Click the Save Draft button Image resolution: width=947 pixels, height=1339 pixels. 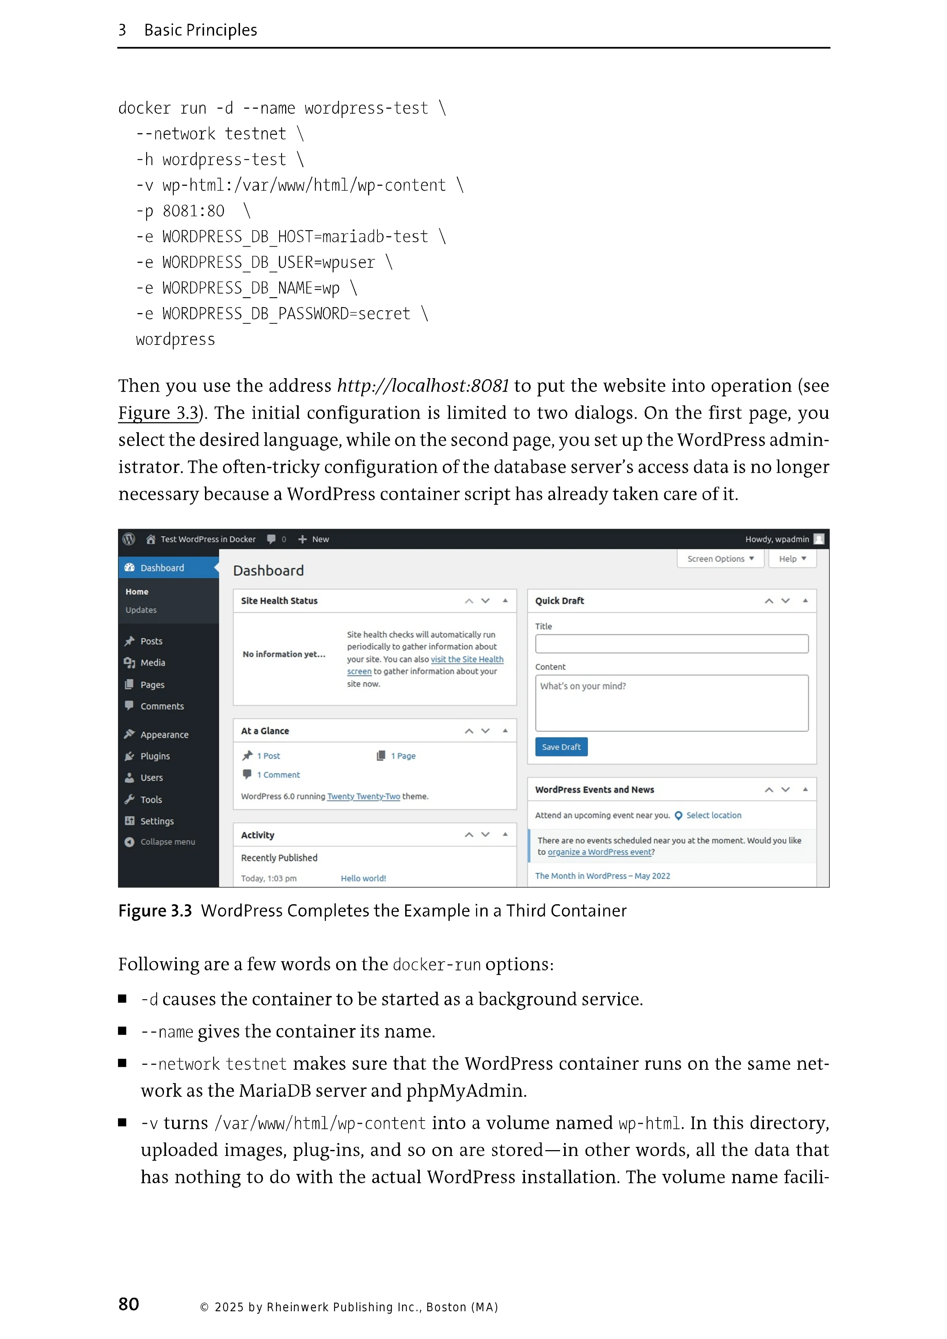pyautogui.click(x=561, y=747)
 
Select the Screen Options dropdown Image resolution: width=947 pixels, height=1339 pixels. pyautogui.click(x=720, y=559)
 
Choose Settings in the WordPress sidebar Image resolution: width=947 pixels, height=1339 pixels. pyautogui.click(x=156, y=821)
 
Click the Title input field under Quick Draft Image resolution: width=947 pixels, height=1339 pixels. pyautogui.click(x=671, y=644)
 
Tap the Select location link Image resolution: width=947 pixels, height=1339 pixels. pyautogui.click(x=713, y=815)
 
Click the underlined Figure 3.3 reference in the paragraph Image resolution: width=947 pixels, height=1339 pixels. pyautogui.click(x=159, y=413)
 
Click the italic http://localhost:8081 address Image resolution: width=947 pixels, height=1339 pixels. pyautogui.click(x=423, y=386)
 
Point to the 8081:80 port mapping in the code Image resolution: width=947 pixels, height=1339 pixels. pyautogui.click(x=193, y=211)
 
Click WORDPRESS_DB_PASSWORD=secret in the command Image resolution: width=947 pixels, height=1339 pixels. pyautogui.click(x=286, y=314)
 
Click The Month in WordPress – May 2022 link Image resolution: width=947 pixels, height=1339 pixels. pyautogui.click(x=602, y=876)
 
